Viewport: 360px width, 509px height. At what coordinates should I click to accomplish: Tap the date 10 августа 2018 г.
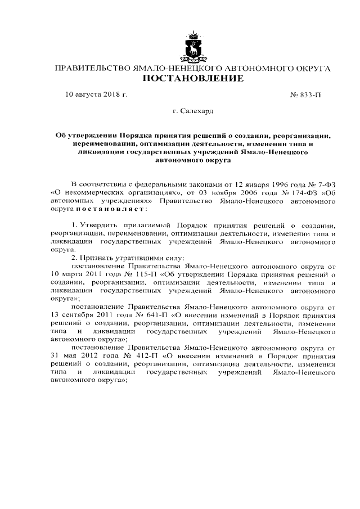(96, 95)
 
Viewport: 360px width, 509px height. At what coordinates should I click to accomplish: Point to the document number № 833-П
(305, 95)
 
